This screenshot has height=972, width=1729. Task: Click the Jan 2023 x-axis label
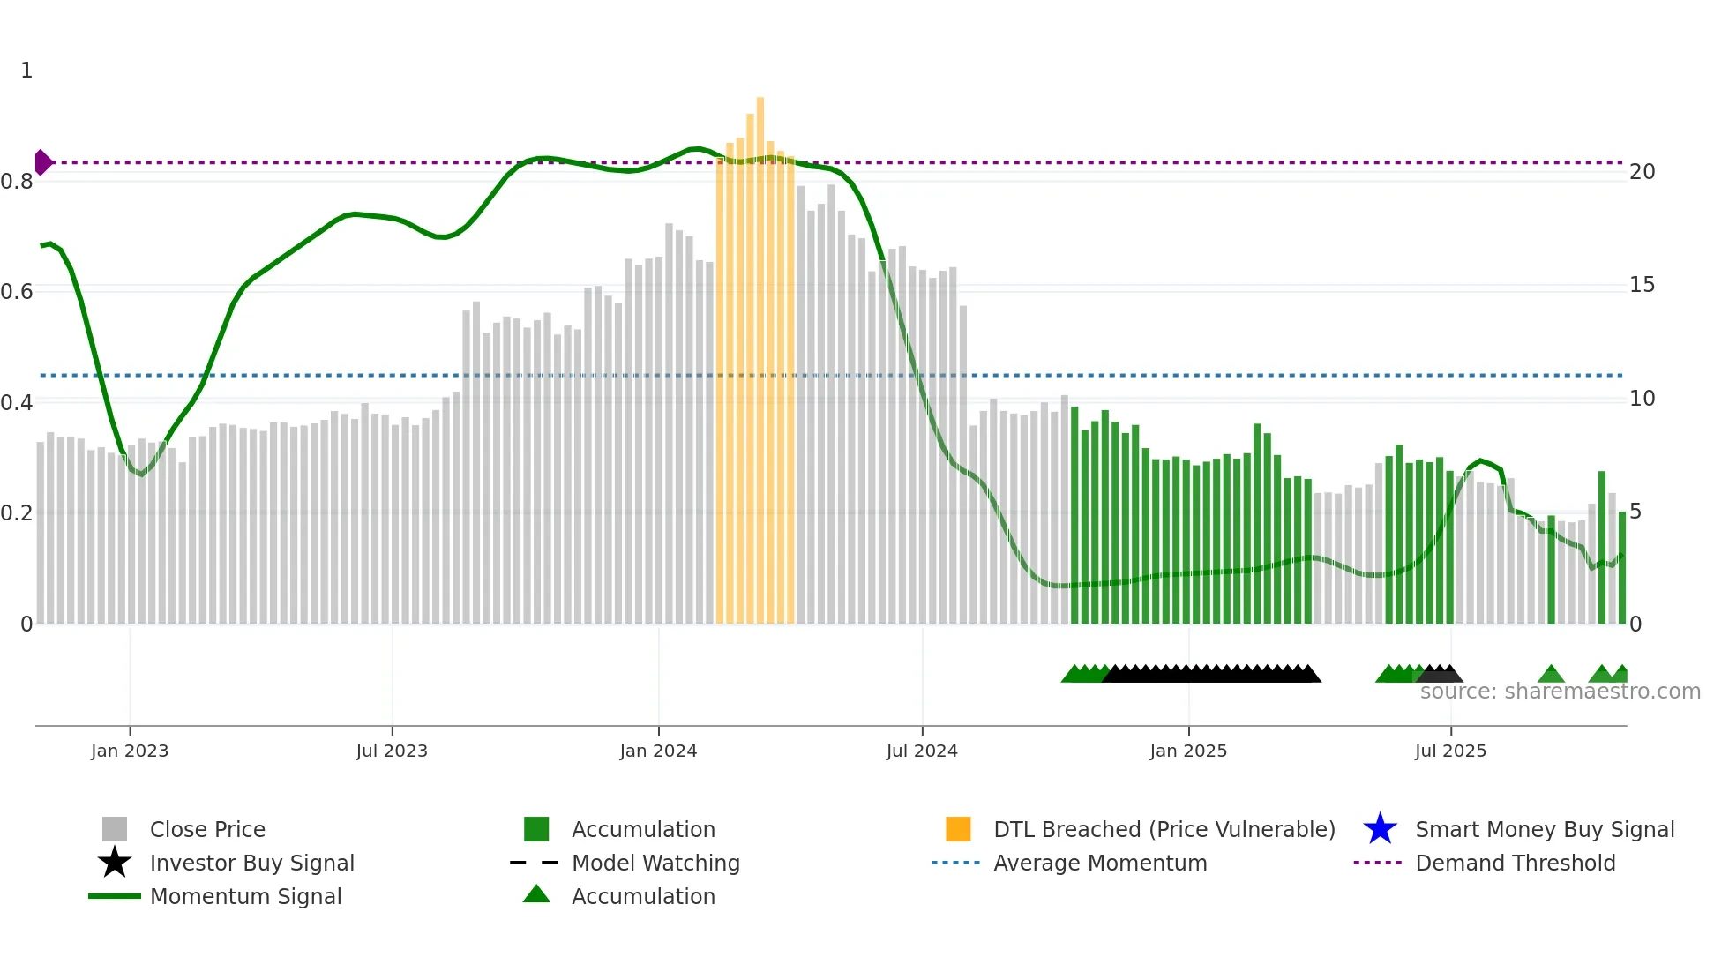130,751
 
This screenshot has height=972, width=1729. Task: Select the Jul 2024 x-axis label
922,751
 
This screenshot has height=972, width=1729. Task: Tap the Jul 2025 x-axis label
1450,751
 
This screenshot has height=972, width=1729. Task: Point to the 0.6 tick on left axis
17,292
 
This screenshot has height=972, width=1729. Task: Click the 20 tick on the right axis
1642,172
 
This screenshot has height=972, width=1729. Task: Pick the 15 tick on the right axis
1642,285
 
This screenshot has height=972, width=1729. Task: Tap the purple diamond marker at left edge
42,162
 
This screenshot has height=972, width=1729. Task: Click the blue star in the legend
1380,829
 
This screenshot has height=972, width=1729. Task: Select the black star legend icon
115,863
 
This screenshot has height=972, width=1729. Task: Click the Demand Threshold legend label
1515,863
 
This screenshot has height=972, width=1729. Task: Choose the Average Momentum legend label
1100,863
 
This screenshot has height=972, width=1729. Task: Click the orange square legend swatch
958,829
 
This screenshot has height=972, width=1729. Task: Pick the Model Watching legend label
655,863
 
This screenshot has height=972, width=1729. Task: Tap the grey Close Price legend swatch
115,829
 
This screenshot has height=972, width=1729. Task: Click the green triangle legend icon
536,894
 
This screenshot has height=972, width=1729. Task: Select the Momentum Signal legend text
245,896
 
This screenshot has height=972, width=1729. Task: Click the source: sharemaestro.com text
1560,692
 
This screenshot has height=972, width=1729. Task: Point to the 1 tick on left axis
26,71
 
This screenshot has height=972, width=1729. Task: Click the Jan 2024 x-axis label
658,751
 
